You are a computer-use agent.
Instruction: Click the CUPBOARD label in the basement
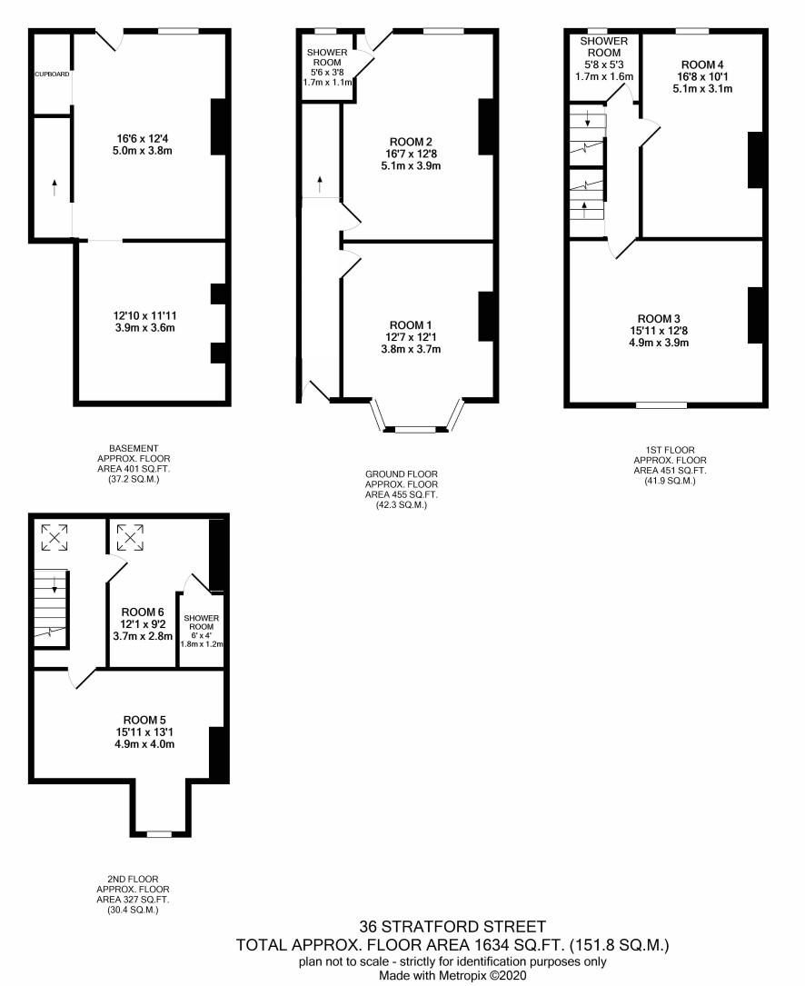click(x=52, y=75)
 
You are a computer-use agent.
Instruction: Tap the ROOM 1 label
click(x=411, y=325)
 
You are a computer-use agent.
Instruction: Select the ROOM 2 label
click(x=411, y=142)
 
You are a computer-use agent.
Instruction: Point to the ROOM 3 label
click(x=659, y=319)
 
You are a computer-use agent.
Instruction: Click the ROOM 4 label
click(x=702, y=65)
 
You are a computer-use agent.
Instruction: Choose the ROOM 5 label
click(x=144, y=720)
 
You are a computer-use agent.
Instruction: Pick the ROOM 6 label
click(x=143, y=612)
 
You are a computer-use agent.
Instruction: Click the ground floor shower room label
click(x=327, y=57)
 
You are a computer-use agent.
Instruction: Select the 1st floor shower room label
click(x=603, y=47)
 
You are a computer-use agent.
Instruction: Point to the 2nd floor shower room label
click(x=202, y=622)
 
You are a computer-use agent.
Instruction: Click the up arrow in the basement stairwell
click(x=55, y=187)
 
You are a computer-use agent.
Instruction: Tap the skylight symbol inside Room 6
click(x=130, y=538)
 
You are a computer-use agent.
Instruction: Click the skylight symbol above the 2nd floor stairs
click(x=55, y=538)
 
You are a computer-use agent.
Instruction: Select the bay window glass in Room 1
click(x=416, y=430)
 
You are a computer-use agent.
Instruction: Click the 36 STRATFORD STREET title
click(x=452, y=926)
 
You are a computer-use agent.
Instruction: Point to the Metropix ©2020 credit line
click(x=452, y=976)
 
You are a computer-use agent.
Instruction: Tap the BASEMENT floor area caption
click(x=134, y=464)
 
